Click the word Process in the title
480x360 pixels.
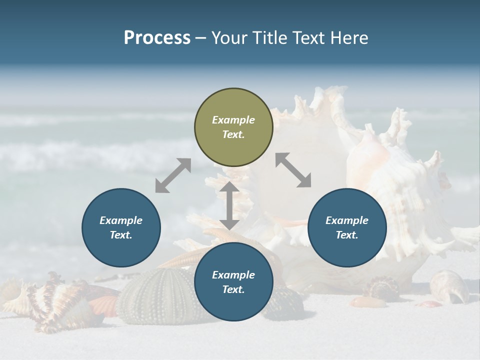pos(157,38)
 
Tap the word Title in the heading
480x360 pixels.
pos(270,38)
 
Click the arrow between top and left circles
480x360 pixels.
pos(173,175)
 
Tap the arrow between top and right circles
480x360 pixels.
pos(293,170)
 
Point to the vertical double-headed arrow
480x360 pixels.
pos(229,205)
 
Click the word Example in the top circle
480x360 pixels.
pos(233,120)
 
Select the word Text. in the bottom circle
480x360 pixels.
pos(233,289)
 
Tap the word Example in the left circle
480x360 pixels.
pos(121,220)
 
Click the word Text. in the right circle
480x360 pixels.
pos(347,235)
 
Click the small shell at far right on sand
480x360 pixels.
pos(448,285)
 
